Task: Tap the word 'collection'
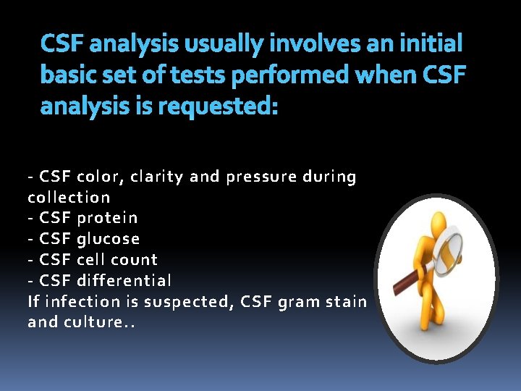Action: [69, 197]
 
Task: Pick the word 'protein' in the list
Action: [107, 218]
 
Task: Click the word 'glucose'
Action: [109, 239]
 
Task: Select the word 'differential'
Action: [124, 279]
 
